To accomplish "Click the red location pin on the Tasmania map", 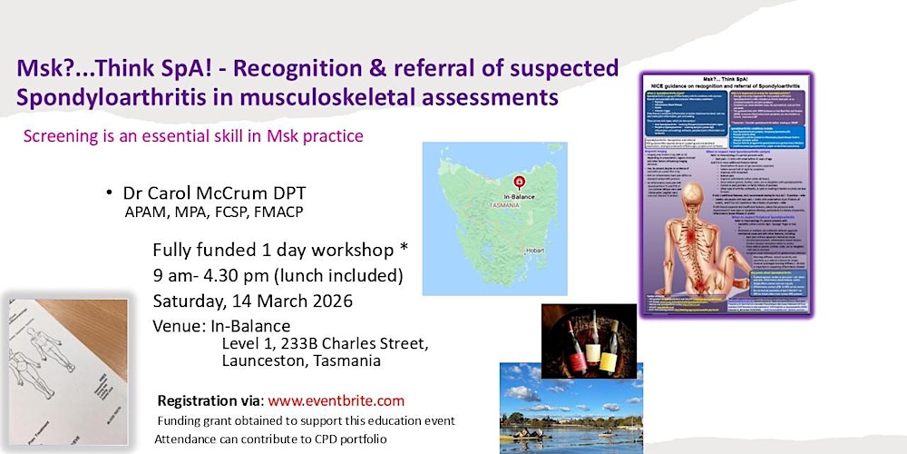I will [519, 179].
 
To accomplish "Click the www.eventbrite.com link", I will [336, 400].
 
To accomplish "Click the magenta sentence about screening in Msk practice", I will [192, 137].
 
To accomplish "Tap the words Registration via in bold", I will [210, 400].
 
